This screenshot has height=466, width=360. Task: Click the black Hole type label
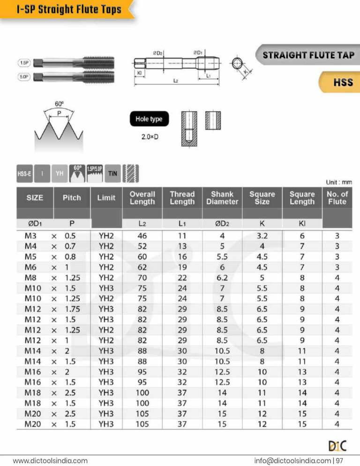[149, 119]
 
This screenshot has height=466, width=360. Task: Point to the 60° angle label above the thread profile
[59, 104]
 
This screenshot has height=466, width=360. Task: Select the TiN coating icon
[112, 173]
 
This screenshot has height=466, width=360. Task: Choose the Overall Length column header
[142, 197]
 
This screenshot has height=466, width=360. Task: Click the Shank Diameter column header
[222, 197]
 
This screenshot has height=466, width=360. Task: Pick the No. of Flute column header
[337, 197]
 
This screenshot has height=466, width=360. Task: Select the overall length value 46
[142, 236]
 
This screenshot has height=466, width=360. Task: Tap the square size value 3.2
[262, 236]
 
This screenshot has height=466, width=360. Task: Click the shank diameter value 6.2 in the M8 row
[222, 277]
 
